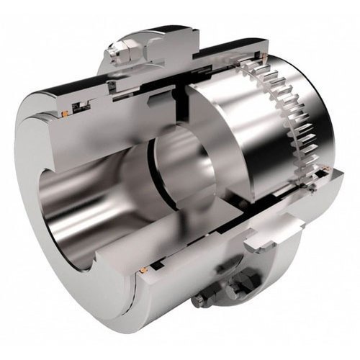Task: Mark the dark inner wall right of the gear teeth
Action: (317, 122)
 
